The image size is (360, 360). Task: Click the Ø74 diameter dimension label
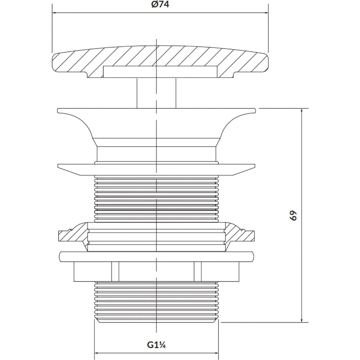point(160,5)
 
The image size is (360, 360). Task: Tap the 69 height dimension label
point(294,215)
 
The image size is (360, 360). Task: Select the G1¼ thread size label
point(156,345)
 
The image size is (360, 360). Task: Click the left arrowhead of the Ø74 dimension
point(55,13)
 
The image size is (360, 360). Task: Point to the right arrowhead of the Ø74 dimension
point(266,13)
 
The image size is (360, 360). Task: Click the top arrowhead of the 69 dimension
point(302,110)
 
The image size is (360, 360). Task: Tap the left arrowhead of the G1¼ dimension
point(96,353)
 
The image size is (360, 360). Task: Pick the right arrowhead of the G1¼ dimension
point(217,353)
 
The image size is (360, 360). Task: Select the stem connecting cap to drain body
point(156,93)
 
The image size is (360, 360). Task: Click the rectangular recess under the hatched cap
point(161,72)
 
